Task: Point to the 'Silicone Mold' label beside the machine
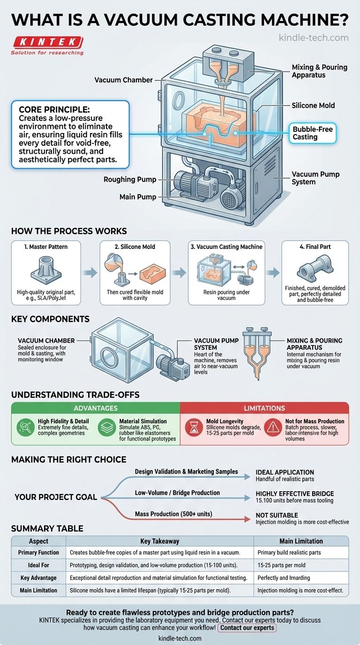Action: click(x=313, y=105)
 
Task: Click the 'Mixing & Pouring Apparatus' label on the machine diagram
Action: click(x=319, y=71)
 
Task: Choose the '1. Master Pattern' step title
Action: click(x=45, y=247)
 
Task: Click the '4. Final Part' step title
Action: click(x=315, y=247)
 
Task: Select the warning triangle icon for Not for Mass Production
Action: click(x=272, y=427)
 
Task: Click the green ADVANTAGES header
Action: click(x=96, y=408)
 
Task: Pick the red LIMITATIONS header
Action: click(x=264, y=408)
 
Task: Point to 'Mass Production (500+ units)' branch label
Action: click(x=173, y=514)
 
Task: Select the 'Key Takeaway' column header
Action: click(x=159, y=540)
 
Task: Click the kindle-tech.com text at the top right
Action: click(x=313, y=37)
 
